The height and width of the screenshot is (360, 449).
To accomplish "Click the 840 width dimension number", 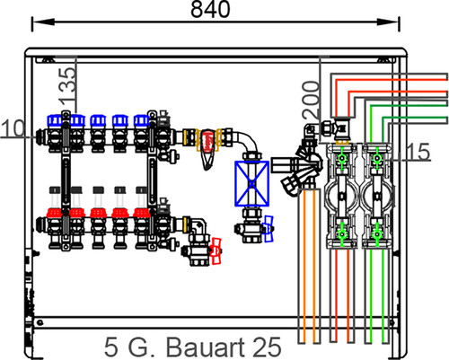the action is point(210,9).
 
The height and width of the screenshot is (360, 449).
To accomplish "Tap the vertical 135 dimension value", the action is point(67,85).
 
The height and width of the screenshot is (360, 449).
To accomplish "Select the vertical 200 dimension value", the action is point(311,100).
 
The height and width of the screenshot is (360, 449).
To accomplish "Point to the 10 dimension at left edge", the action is point(13,128).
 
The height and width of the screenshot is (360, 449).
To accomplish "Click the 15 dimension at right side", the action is point(418,152).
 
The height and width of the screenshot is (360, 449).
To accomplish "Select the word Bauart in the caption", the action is point(204,347).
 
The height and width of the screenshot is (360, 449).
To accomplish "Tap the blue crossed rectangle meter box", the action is point(251,183).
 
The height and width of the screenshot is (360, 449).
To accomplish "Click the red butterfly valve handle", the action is point(216,251).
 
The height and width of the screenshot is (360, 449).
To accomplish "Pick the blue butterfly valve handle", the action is point(269,229).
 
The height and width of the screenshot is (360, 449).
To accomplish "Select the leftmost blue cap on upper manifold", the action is point(55,120).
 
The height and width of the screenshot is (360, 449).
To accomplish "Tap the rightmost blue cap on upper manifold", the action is point(141,120).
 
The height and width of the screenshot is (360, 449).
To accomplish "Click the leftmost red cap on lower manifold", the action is point(54,213).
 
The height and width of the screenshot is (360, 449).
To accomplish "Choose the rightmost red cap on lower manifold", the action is point(141,213).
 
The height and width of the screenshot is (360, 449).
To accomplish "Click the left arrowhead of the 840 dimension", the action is point(43,22).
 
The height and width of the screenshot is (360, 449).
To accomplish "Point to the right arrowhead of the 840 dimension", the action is point(388,22).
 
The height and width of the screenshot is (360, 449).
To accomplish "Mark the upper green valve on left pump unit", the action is point(341,158).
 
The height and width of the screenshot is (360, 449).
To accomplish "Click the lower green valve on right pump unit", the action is point(377,234).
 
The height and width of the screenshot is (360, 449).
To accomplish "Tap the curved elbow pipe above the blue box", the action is point(249,141).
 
